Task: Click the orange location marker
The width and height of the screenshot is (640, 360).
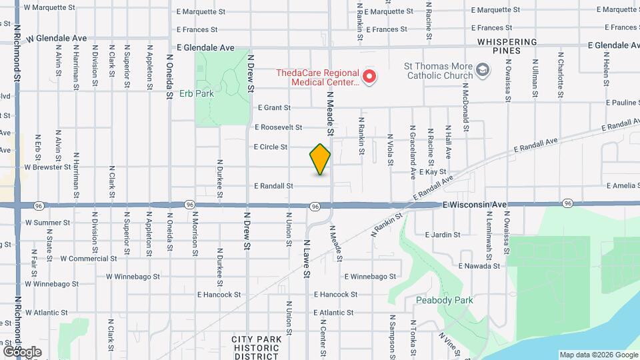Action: (x=320, y=159)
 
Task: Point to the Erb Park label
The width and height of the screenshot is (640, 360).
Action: (x=197, y=94)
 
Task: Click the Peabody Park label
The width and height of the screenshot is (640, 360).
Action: (x=444, y=300)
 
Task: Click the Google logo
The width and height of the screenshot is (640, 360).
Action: (x=22, y=351)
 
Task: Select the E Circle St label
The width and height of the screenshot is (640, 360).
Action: (x=270, y=147)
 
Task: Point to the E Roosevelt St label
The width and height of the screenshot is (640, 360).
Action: (x=278, y=127)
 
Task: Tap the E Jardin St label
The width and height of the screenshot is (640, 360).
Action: (x=442, y=235)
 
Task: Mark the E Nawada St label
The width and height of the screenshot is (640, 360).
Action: (x=479, y=266)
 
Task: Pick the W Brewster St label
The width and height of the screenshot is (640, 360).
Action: (x=47, y=167)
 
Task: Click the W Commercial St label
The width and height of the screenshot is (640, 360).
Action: (x=89, y=258)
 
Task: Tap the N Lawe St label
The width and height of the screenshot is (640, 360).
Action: (x=307, y=254)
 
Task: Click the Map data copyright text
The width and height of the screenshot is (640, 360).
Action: (x=598, y=355)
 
